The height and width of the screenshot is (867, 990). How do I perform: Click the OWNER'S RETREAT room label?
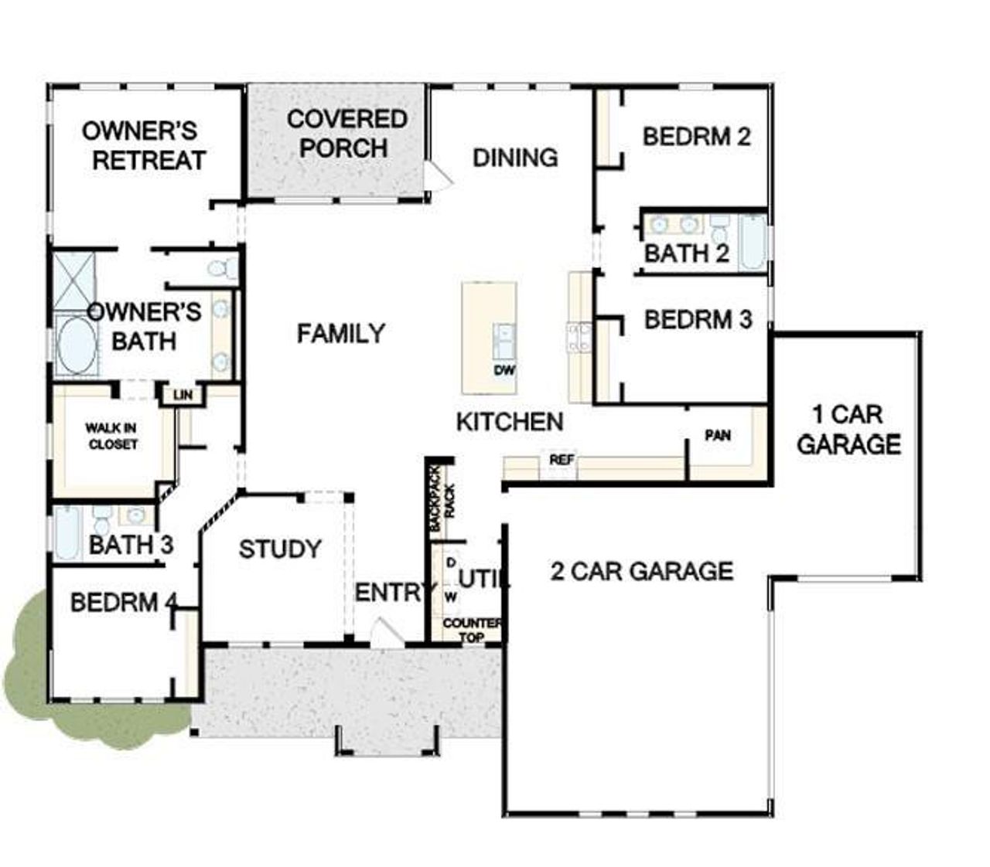(x=144, y=145)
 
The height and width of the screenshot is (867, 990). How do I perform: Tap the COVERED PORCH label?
(x=346, y=133)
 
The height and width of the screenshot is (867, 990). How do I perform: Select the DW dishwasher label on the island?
(x=504, y=371)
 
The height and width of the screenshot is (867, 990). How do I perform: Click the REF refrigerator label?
(x=562, y=460)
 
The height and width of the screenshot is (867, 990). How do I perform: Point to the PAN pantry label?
(x=718, y=436)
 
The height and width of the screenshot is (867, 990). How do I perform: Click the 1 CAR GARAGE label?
(x=848, y=430)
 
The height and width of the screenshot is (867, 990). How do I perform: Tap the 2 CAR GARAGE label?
(x=641, y=571)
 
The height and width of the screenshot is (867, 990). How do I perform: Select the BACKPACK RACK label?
(x=442, y=498)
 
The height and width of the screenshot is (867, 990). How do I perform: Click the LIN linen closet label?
(x=183, y=396)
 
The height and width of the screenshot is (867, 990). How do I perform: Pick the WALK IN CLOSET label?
(x=112, y=436)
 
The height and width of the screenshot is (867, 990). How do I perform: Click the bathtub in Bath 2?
(x=752, y=242)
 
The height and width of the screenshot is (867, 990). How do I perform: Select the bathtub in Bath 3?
(x=66, y=532)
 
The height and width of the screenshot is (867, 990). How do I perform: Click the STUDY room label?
(x=279, y=549)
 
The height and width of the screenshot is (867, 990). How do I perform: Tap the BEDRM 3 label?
(x=698, y=319)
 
